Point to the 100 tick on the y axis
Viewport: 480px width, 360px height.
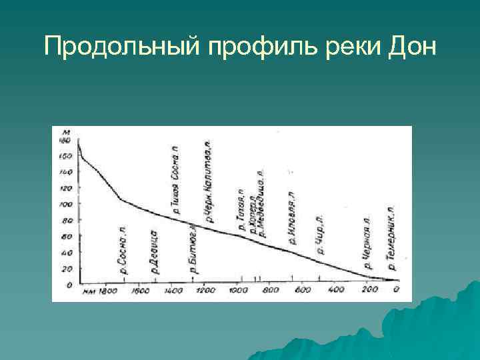pyautogui.click(x=65, y=203)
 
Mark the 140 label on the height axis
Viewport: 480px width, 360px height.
pyautogui.click(x=65, y=171)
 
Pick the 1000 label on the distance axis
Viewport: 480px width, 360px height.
pyautogui.click(x=237, y=291)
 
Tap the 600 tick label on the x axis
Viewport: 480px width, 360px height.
pyautogui.click(x=303, y=291)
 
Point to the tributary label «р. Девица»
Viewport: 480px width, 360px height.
pyautogui.click(x=154, y=252)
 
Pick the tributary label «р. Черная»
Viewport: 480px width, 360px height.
pyautogui.click(x=367, y=243)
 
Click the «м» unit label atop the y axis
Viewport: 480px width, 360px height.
pyautogui.click(x=65, y=132)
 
